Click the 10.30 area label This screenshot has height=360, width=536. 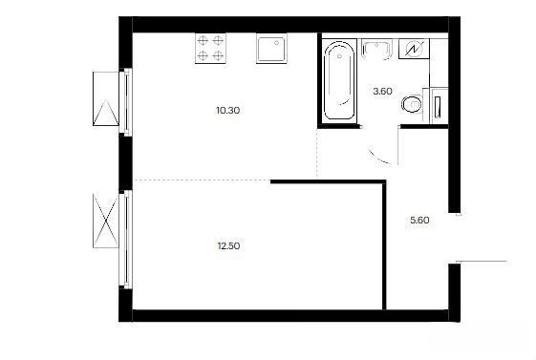pos(228,111)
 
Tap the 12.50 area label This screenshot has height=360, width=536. pos(228,246)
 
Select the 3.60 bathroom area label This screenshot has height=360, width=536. pos(382,92)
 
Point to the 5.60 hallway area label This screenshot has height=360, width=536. pos(419,221)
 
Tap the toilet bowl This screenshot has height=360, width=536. pos(412,103)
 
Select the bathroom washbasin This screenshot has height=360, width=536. pos(376,49)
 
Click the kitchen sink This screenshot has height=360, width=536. pos(271,48)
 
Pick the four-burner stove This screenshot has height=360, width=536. pos(210,48)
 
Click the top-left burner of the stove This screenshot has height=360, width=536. pos(203,41)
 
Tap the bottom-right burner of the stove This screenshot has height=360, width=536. pos(218,55)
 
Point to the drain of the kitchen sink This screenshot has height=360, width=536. pos(276,43)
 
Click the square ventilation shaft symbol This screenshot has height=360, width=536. pos(414,49)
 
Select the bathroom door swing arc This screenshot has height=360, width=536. pos(378,159)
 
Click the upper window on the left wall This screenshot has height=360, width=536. pos(126,101)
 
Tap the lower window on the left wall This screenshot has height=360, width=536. pos(126,239)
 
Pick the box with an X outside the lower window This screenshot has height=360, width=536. pos(106,221)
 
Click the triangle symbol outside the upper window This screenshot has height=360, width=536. pos(106,113)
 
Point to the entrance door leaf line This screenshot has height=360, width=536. pos(482,262)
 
